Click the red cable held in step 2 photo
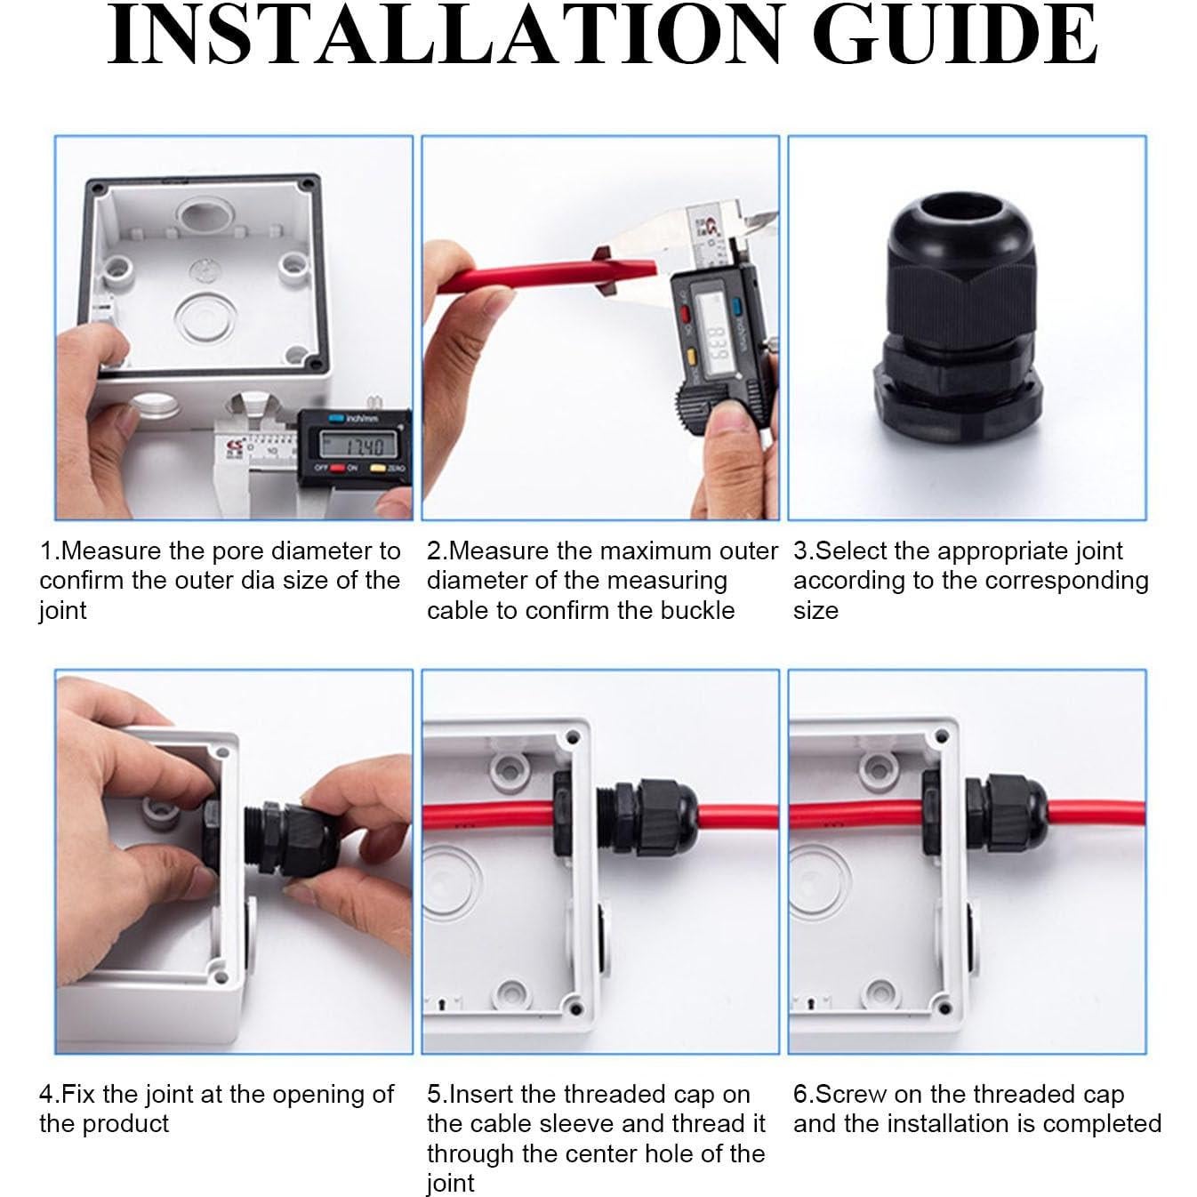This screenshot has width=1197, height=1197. (x=547, y=277)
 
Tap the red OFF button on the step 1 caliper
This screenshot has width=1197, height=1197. (x=337, y=467)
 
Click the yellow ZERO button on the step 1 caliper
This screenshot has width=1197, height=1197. (x=377, y=467)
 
